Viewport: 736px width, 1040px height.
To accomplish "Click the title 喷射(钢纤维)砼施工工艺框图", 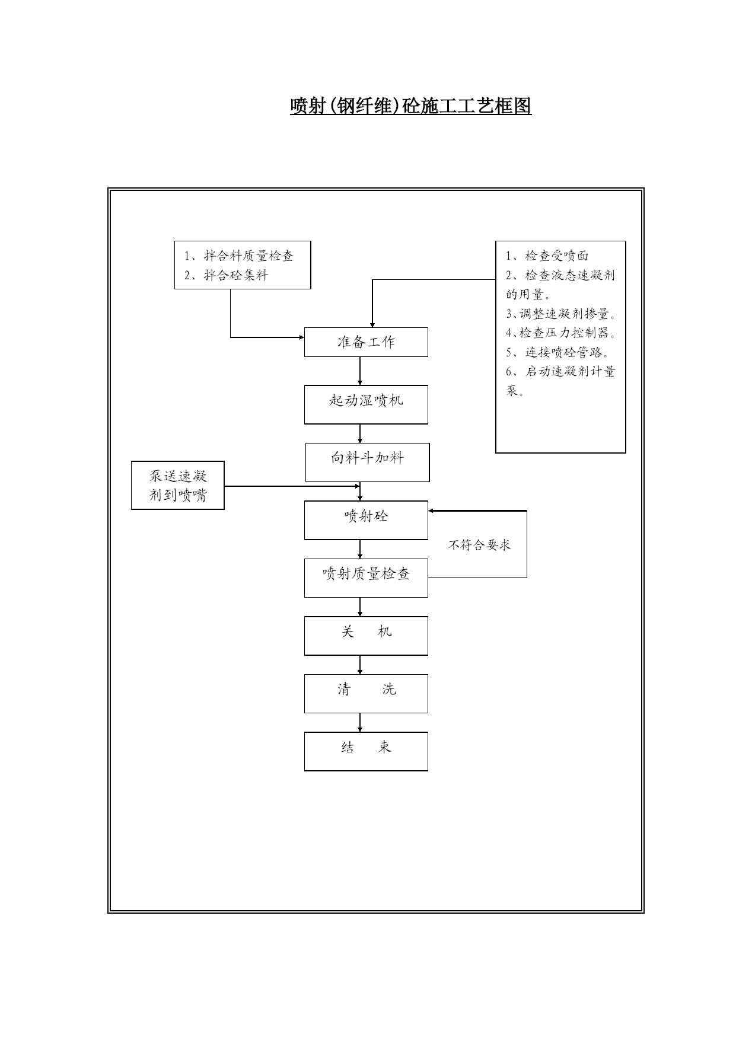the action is coord(410,106).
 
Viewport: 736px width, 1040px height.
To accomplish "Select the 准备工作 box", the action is coord(366,342).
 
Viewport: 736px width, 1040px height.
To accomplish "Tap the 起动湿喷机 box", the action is coord(366,404).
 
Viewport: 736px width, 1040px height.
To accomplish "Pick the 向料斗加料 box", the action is coord(367,462).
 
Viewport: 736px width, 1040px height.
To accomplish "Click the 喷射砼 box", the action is coord(366,520).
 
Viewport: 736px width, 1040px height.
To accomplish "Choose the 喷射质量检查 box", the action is coord(366,578).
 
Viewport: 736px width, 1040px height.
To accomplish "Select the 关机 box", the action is coord(366,636).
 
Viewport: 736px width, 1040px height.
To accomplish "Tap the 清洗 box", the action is coord(366,693).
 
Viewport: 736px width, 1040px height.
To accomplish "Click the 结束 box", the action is coord(366,751).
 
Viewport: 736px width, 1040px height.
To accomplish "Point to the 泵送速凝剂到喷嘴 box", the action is coord(178,485).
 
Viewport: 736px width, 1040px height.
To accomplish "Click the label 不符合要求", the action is coord(479,545).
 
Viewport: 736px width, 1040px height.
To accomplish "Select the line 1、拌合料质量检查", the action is coord(239,256).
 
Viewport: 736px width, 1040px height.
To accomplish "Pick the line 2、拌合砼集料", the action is coord(226,275).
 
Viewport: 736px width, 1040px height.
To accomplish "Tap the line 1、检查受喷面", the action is coord(547,256).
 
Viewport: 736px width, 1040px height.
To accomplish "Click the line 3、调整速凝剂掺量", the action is coord(561,314).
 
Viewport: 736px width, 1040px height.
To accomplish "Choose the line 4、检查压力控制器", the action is coord(561,333).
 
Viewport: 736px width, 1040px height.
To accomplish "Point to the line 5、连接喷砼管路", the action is coord(557,352).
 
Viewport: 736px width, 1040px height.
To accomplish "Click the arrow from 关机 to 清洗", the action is coord(360,665).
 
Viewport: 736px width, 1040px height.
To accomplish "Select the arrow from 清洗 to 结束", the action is coord(360,722).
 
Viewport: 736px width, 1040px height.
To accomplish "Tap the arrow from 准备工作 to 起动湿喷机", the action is coord(360,371).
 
